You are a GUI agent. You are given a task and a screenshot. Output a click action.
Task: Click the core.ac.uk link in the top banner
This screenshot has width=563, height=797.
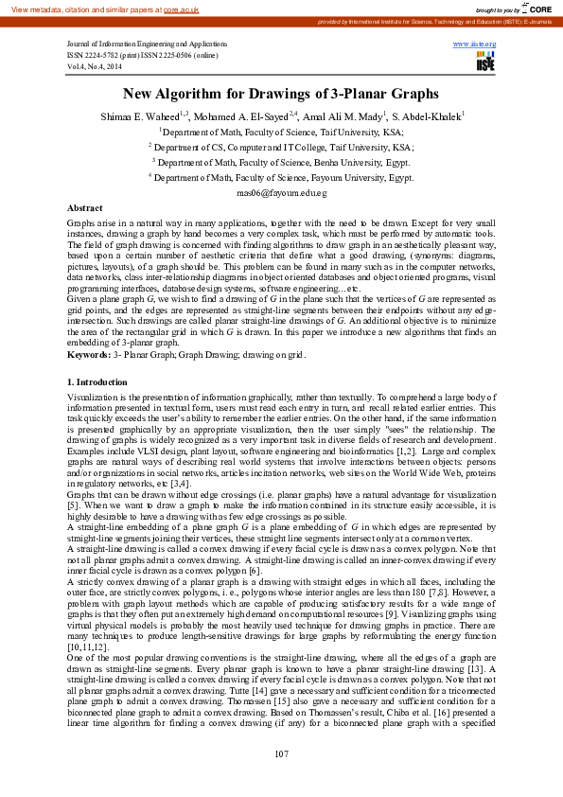click(181, 9)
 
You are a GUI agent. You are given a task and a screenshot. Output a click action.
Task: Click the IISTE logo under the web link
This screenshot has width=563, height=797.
click(485, 62)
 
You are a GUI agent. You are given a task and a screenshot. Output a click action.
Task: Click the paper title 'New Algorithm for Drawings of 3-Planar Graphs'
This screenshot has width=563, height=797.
click(281, 94)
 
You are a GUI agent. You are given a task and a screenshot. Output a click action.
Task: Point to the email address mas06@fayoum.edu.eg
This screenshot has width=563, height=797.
click(281, 192)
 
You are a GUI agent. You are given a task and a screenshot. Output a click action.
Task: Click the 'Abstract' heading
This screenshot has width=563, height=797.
click(85, 206)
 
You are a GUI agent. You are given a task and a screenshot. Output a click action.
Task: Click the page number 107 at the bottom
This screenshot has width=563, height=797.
click(281, 753)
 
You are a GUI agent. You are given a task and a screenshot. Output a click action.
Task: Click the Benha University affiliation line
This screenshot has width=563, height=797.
click(281, 162)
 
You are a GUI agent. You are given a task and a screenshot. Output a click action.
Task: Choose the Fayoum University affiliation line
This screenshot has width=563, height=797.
click(281, 177)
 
